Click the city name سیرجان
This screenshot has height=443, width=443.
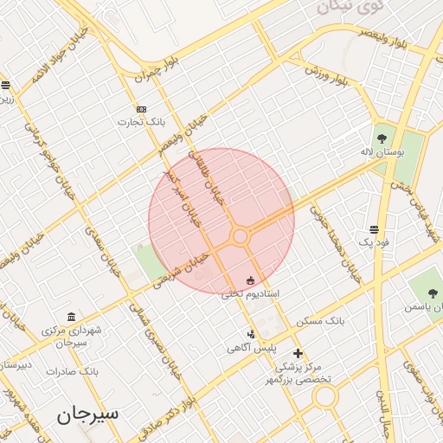tap(88, 414)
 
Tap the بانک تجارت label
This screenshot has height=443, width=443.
tap(142, 122)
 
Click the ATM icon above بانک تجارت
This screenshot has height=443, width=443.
tap(142, 109)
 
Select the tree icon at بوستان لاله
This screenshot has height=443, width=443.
tap(381, 137)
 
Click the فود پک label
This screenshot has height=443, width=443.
tap(375, 243)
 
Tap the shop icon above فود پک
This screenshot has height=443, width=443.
tap(374, 230)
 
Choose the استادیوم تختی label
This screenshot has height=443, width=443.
tap(250, 294)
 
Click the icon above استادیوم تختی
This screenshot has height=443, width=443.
tap(251, 280)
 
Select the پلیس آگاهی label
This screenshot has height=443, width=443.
tap(246, 348)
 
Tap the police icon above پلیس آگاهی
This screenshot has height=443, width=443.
tap(251, 334)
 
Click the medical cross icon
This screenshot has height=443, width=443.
tap(298, 353)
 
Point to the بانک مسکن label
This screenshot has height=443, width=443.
tap(321, 321)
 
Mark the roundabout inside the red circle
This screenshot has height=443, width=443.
tap(241, 235)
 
